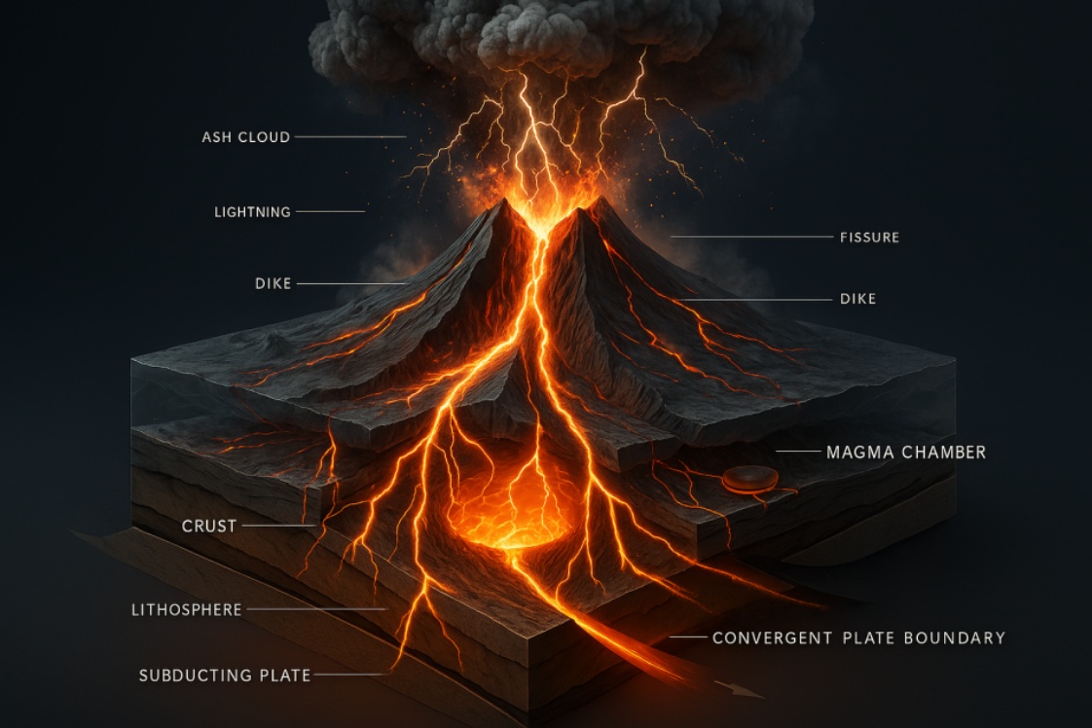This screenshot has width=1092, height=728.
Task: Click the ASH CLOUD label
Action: (x=245, y=137)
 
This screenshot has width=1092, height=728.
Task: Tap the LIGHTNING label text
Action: (x=252, y=211)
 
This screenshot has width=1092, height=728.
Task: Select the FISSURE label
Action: (x=869, y=237)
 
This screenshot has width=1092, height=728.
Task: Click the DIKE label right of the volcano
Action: (x=857, y=299)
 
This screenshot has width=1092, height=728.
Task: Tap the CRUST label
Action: (x=209, y=527)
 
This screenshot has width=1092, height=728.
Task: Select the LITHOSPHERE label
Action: (x=186, y=610)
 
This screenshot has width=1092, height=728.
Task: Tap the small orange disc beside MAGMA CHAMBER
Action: (x=749, y=478)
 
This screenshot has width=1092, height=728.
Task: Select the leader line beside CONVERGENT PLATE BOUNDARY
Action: (x=687, y=637)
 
